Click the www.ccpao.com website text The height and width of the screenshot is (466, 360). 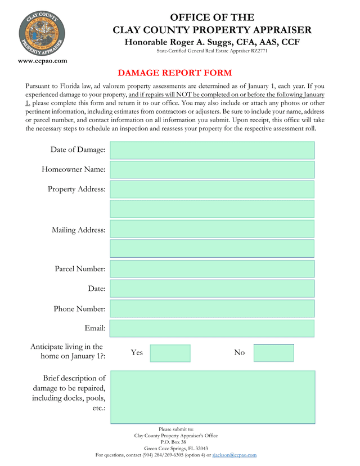[x=43, y=61]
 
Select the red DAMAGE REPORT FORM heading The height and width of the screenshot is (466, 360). [x=174, y=73]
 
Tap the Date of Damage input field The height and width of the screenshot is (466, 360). [x=212, y=150]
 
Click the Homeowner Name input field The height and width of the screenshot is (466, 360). [x=212, y=170]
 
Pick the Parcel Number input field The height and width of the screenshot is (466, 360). [x=212, y=269]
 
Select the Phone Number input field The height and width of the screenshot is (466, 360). [x=212, y=309]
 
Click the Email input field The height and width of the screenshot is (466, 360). [x=212, y=329]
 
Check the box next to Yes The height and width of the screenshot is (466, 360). [x=170, y=353]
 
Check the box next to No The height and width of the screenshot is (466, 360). [x=273, y=353]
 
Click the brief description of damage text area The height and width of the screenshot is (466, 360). [x=212, y=397]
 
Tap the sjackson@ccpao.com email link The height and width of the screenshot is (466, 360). [x=234, y=455]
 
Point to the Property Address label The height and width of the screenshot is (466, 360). [x=76, y=189]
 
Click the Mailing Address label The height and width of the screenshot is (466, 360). [x=78, y=230]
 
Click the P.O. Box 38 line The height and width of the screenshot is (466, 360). [x=176, y=442]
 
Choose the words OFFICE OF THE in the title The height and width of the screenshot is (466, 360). [x=212, y=17]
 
